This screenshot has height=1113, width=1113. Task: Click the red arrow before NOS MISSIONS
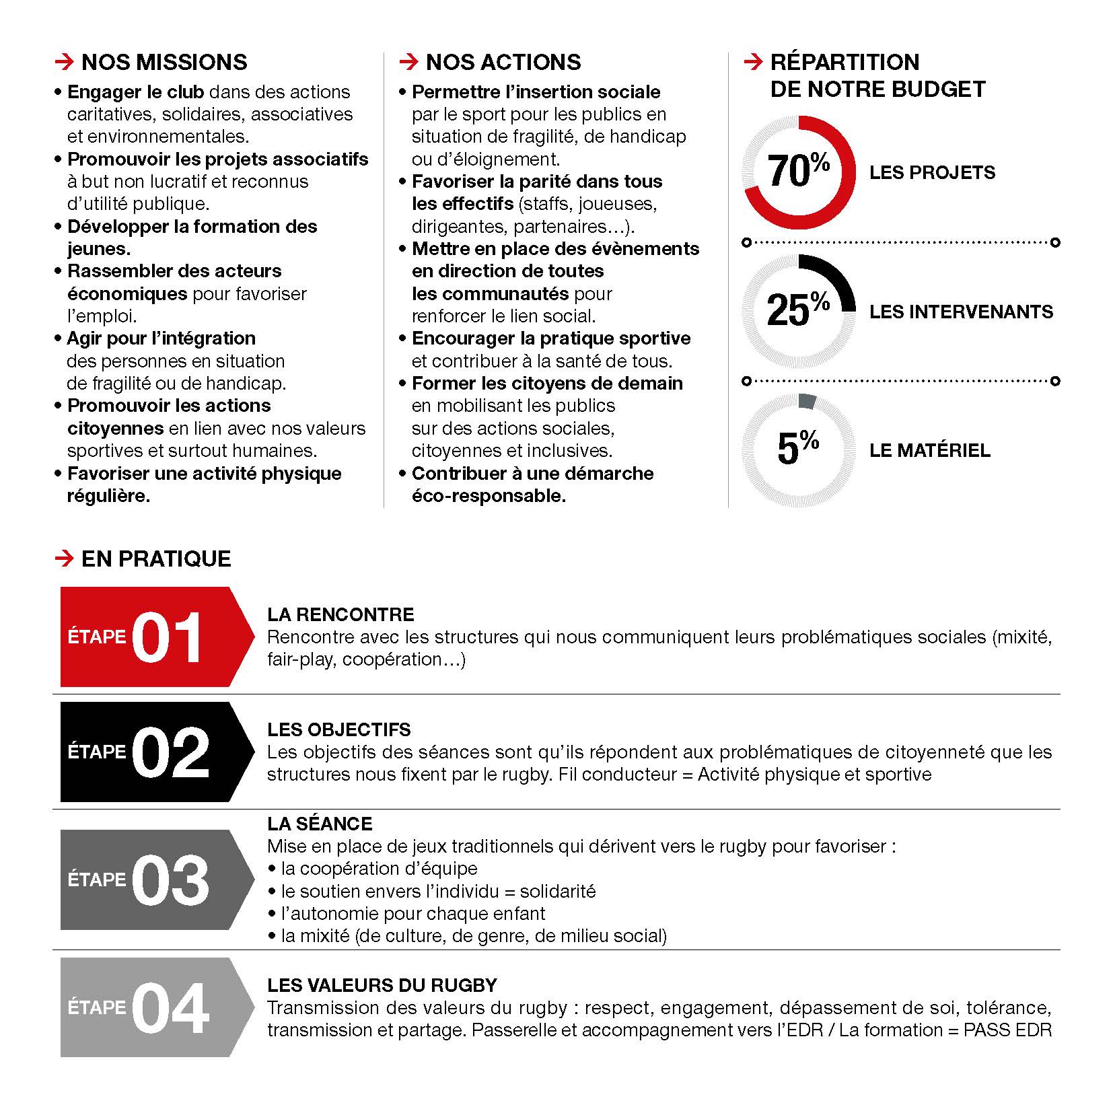64,63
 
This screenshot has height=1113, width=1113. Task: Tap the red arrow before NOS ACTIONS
408,63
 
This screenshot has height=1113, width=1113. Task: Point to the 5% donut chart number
798,448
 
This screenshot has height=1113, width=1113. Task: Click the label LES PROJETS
932,173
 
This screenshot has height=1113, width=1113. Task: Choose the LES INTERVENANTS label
961,312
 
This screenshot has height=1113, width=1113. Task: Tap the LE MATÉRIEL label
929,451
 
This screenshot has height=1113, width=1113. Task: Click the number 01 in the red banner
167,637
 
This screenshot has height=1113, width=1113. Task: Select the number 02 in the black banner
170,752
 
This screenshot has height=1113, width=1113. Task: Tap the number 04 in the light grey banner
170,1008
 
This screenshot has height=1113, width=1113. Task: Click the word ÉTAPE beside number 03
97,879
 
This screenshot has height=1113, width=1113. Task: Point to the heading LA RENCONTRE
340,614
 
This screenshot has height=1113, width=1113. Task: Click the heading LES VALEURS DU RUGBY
382,985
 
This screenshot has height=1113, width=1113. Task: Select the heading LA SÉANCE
320,824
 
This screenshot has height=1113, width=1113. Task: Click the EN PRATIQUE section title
156,559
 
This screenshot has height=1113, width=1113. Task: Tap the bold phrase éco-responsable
489,496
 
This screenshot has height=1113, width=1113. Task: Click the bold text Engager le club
136,92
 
